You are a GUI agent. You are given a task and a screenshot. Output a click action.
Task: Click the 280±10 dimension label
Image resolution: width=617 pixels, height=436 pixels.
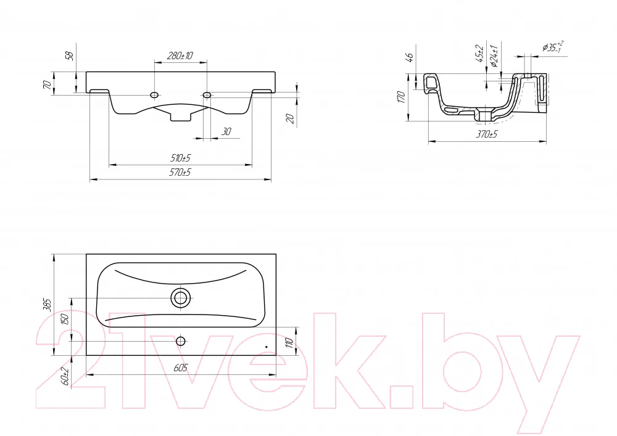(180, 56)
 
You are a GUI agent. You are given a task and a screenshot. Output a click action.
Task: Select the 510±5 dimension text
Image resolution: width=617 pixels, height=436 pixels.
(180, 158)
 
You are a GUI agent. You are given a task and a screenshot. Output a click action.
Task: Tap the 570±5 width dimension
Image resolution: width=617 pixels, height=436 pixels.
(180, 172)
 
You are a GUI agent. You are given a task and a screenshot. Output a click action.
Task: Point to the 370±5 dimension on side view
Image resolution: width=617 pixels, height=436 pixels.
(487, 134)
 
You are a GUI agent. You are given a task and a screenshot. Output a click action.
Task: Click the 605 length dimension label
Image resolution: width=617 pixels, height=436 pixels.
(181, 368)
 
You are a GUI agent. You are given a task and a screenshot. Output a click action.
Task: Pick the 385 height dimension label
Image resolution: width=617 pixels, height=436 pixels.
(47, 305)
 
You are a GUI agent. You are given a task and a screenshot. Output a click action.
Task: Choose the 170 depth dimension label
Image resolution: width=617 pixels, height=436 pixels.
(401, 97)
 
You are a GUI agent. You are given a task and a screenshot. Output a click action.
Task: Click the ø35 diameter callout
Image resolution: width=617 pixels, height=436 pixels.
(552, 47)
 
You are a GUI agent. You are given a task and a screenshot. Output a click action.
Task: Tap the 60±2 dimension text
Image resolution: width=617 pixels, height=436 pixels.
(65, 376)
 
